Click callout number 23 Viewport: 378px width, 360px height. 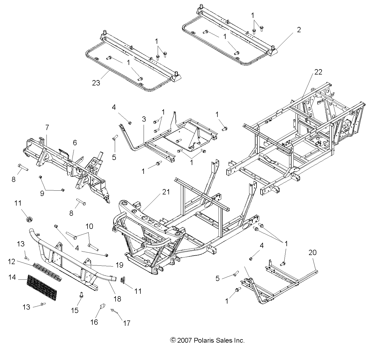[x=96, y=83]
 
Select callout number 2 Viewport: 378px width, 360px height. [x=299, y=30]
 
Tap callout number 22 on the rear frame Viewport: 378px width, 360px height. [x=318, y=72]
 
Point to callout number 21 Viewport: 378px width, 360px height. [x=166, y=192]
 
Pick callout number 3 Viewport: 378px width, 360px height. [x=144, y=119]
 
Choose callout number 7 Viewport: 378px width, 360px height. [x=47, y=128]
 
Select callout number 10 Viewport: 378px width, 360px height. [x=89, y=226]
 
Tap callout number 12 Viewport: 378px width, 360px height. [x=11, y=262]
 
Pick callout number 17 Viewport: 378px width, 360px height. [x=127, y=323]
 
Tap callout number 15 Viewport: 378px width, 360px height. [x=75, y=310]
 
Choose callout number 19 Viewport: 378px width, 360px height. [x=119, y=265]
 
